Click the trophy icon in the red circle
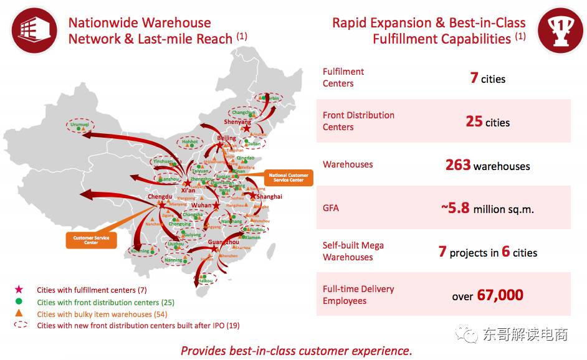click(560, 30)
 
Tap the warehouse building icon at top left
click(29, 29)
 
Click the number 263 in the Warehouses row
click(458, 165)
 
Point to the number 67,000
click(500, 295)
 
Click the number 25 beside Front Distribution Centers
click(474, 121)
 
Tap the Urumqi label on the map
click(79, 125)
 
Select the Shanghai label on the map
click(269, 197)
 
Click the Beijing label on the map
click(227, 138)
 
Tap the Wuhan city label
click(202, 205)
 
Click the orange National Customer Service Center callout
click(289, 178)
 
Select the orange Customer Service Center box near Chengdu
click(91, 240)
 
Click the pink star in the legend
click(19, 290)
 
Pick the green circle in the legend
click(19, 302)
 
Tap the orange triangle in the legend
click(19, 313)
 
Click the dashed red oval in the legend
click(19, 325)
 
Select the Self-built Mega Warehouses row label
click(353, 251)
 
